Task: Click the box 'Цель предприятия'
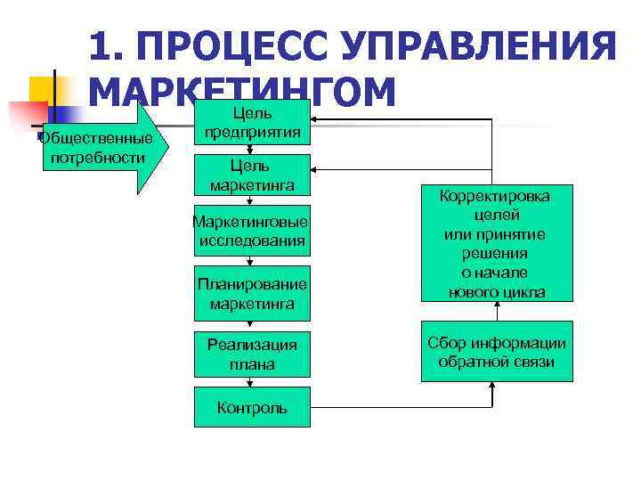[252, 123]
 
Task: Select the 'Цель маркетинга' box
[252, 175]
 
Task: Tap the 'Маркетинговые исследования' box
[252, 231]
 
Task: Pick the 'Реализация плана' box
[252, 355]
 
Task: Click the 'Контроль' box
[252, 408]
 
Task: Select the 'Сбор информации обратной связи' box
[497, 353]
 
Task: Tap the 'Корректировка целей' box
[497, 243]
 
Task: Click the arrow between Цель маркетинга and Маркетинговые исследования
[252, 201]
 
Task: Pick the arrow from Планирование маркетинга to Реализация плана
[252, 322]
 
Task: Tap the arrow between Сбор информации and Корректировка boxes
[497, 312]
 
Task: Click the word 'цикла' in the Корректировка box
[525, 292]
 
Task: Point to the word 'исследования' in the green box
[252, 240]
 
